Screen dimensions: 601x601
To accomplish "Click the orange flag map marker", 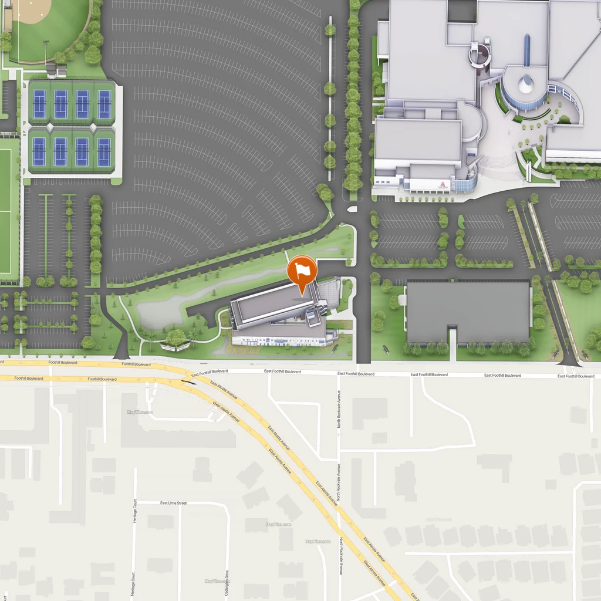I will click(x=302, y=271).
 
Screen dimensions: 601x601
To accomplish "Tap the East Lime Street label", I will click(x=173, y=503).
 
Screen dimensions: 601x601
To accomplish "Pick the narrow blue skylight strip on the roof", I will click(x=526, y=50).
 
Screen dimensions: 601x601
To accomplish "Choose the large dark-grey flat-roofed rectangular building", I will click(x=468, y=312).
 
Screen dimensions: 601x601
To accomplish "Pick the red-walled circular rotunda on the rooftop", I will click(x=480, y=55).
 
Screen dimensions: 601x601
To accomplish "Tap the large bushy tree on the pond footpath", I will click(x=175, y=337).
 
